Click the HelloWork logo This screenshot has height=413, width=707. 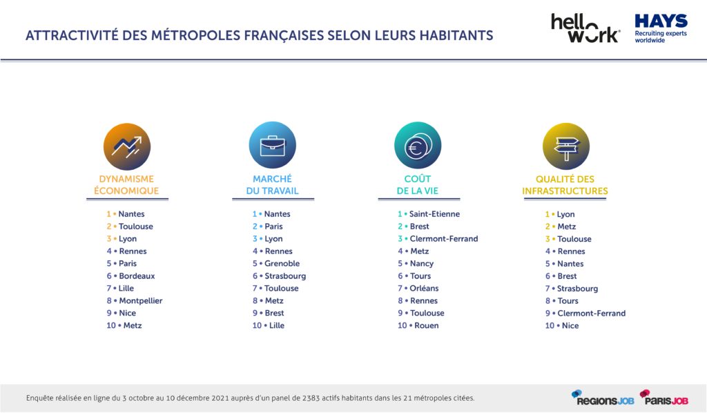click(x=585, y=28)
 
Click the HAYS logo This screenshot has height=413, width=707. click(x=661, y=28)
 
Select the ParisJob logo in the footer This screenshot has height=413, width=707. click(x=664, y=397)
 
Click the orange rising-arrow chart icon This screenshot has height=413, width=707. click(x=126, y=145)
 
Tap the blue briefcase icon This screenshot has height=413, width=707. click(x=272, y=145)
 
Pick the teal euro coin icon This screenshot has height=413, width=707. click(x=418, y=145)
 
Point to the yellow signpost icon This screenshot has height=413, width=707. click(x=566, y=145)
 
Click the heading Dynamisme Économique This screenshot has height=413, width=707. click(x=129, y=185)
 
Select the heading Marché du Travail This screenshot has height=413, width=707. click(x=272, y=185)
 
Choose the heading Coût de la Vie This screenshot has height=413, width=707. click(x=418, y=185)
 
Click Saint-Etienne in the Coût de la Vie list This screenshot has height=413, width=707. click(x=434, y=214)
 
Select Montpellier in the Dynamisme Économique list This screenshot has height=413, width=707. click(x=141, y=300)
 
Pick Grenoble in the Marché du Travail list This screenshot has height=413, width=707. click(x=282, y=263)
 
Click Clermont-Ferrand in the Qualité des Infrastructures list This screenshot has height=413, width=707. click(x=592, y=313)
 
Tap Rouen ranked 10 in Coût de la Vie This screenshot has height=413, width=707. click(x=426, y=325)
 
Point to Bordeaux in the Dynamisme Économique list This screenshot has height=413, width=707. click(x=137, y=276)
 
